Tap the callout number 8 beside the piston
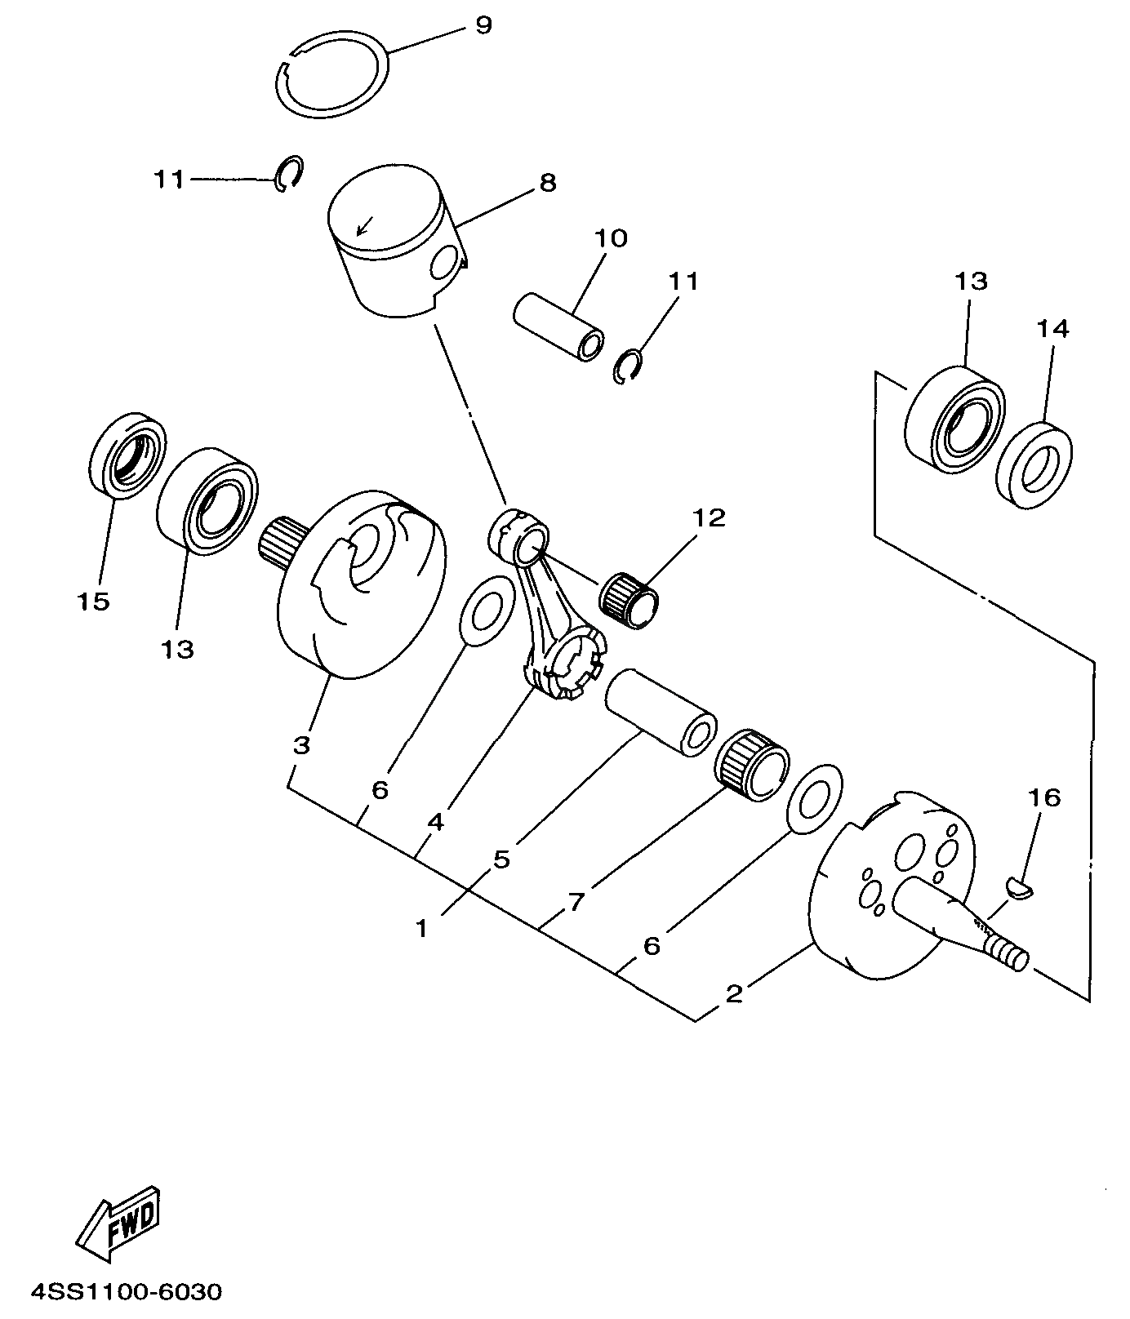pyautogui.click(x=548, y=183)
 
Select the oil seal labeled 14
pyautogui.click(x=1035, y=465)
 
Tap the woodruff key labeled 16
pyautogui.click(x=1020, y=887)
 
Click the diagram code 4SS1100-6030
pyautogui.click(x=126, y=1293)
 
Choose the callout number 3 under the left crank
pyautogui.click(x=301, y=745)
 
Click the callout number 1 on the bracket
pyautogui.click(x=421, y=929)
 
